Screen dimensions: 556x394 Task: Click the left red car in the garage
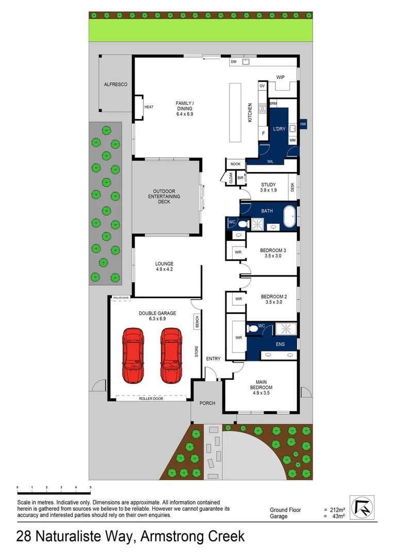(x=133, y=356)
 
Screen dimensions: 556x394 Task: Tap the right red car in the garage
(x=171, y=356)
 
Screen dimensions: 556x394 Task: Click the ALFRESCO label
(x=116, y=84)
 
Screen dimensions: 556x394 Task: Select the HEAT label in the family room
(x=149, y=107)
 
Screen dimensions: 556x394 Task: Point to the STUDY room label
(x=268, y=185)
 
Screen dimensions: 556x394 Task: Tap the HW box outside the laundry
(x=303, y=124)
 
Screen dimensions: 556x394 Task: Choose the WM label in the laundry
(x=292, y=140)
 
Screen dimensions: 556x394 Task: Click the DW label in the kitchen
(x=234, y=62)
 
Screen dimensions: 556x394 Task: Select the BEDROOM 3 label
(x=273, y=251)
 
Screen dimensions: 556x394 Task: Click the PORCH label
(x=207, y=403)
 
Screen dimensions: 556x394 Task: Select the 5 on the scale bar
(x=90, y=487)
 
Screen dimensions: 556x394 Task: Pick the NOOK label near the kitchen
(x=236, y=164)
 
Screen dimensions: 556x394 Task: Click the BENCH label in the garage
(x=197, y=322)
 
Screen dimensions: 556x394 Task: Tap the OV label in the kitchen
(x=262, y=86)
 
